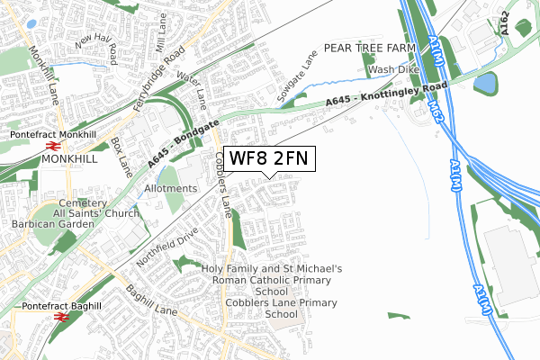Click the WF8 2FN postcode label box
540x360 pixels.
[269, 158]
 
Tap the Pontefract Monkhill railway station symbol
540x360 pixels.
[53, 145]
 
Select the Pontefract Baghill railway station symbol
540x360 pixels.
[62, 316]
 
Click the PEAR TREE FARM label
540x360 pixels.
[369, 47]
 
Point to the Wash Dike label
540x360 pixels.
[392, 69]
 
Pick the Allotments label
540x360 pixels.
[170, 188]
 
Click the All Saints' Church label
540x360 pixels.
[95, 213]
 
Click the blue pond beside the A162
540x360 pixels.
[484, 84]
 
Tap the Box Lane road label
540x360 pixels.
[121, 154]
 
